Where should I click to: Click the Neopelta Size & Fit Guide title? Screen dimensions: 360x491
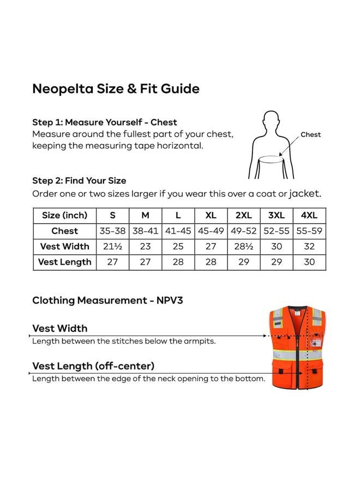(116, 88)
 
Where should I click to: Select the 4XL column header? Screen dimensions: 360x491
(309, 215)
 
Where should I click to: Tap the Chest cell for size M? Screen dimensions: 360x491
(145, 231)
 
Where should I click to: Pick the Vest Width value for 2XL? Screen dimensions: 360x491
(244, 246)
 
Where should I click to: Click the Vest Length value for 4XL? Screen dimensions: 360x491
(309, 261)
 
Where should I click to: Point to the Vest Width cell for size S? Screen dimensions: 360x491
(112, 246)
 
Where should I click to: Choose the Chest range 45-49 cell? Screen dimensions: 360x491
(211, 231)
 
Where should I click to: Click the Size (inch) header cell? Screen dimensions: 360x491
(64, 215)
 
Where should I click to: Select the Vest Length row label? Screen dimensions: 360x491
(64, 262)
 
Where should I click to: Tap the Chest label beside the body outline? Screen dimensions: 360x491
(310, 134)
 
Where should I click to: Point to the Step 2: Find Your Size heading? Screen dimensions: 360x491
(79, 181)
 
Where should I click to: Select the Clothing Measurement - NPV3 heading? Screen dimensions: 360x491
(107, 300)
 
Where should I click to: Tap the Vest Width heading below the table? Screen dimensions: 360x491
(60, 328)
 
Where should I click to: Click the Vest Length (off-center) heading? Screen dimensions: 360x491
(93, 366)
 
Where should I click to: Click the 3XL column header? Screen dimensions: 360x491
(277, 215)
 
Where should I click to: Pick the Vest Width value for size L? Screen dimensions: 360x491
(178, 246)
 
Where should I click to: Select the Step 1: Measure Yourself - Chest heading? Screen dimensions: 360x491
(105, 122)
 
